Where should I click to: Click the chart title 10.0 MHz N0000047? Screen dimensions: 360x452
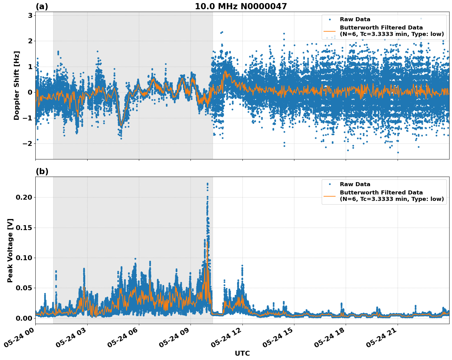(241, 6)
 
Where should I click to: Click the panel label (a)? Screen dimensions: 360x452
(42, 6)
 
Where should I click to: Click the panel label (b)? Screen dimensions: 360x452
(42, 171)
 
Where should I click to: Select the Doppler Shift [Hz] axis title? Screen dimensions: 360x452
(17, 85)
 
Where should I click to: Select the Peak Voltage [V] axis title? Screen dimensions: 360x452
(10, 250)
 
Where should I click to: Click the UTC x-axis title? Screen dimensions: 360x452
(242, 353)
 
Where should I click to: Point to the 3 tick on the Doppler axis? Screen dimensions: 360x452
(30, 16)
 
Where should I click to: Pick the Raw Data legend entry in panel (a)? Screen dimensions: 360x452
(355, 19)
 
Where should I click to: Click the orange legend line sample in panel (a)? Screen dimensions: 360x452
(330, 31)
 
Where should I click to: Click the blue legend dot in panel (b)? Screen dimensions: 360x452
(330, 184)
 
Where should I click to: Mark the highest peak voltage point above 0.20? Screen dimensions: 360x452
(207, 184)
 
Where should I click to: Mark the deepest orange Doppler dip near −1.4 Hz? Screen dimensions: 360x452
(121, 126)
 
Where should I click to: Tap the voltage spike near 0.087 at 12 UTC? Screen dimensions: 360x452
(242, 265)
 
